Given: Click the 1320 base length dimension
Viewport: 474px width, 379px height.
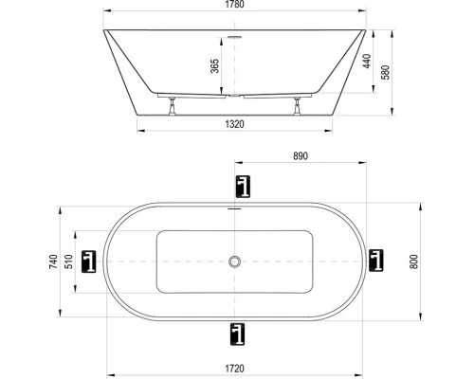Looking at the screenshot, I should pyautogui.click(x=234, y=123).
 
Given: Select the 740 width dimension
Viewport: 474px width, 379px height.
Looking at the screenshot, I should pyautogui.click(x=54, y=261).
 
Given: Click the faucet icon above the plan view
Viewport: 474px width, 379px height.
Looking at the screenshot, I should pyautogui.click(x=240, y=187).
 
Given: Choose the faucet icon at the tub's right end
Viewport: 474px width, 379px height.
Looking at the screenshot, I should pyautogui.click(x=378, y=260).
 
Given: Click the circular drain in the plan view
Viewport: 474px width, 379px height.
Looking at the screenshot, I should pyautogui.click(x=234, y=261).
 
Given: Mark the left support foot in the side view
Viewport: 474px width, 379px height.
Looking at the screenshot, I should pyautogui.click(x=171, y=105).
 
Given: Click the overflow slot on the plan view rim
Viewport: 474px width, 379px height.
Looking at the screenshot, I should pyautogui.click(x=234, y=206).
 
